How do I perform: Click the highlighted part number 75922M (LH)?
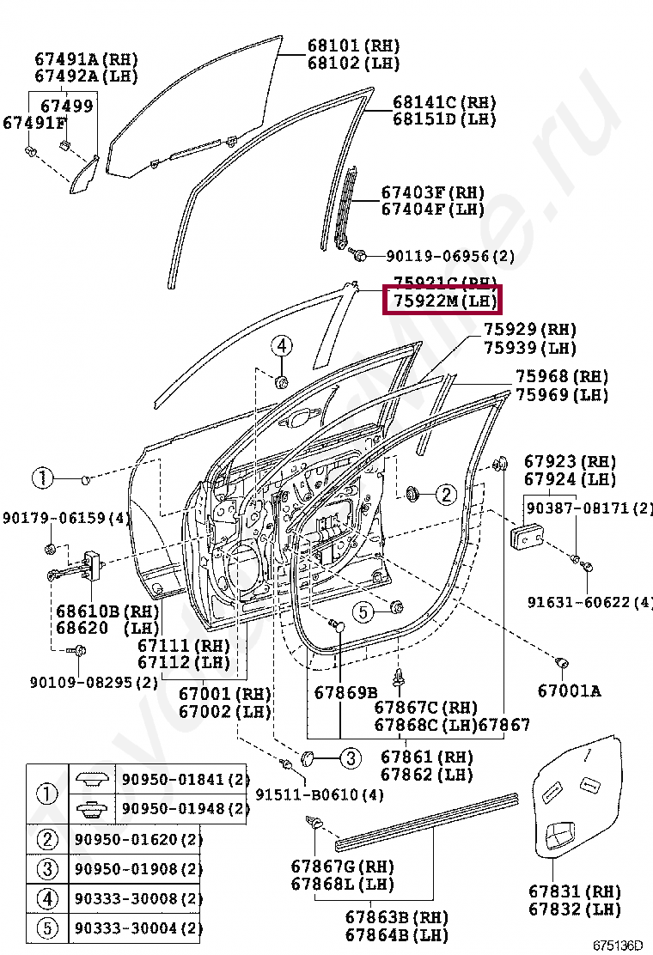444,301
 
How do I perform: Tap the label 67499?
67,106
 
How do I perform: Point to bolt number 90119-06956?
449,256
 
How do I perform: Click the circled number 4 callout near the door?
283,347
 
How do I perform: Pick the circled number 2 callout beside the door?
445,494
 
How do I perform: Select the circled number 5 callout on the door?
363,612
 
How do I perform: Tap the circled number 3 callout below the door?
350,758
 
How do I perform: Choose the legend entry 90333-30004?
137,928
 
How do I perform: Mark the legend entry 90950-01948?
184,809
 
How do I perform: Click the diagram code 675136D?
617,946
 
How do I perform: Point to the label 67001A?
570,690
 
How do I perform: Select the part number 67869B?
345,692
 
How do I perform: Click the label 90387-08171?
589,508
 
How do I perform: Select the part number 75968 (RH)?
561,377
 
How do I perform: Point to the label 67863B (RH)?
396,916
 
